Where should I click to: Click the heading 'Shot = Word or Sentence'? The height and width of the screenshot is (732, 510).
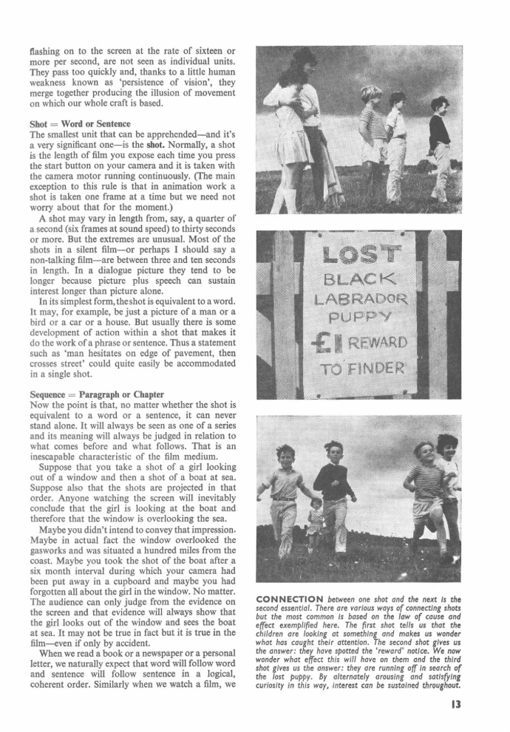point(79,124)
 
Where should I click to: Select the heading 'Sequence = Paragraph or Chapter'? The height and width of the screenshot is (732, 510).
point(98,394)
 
